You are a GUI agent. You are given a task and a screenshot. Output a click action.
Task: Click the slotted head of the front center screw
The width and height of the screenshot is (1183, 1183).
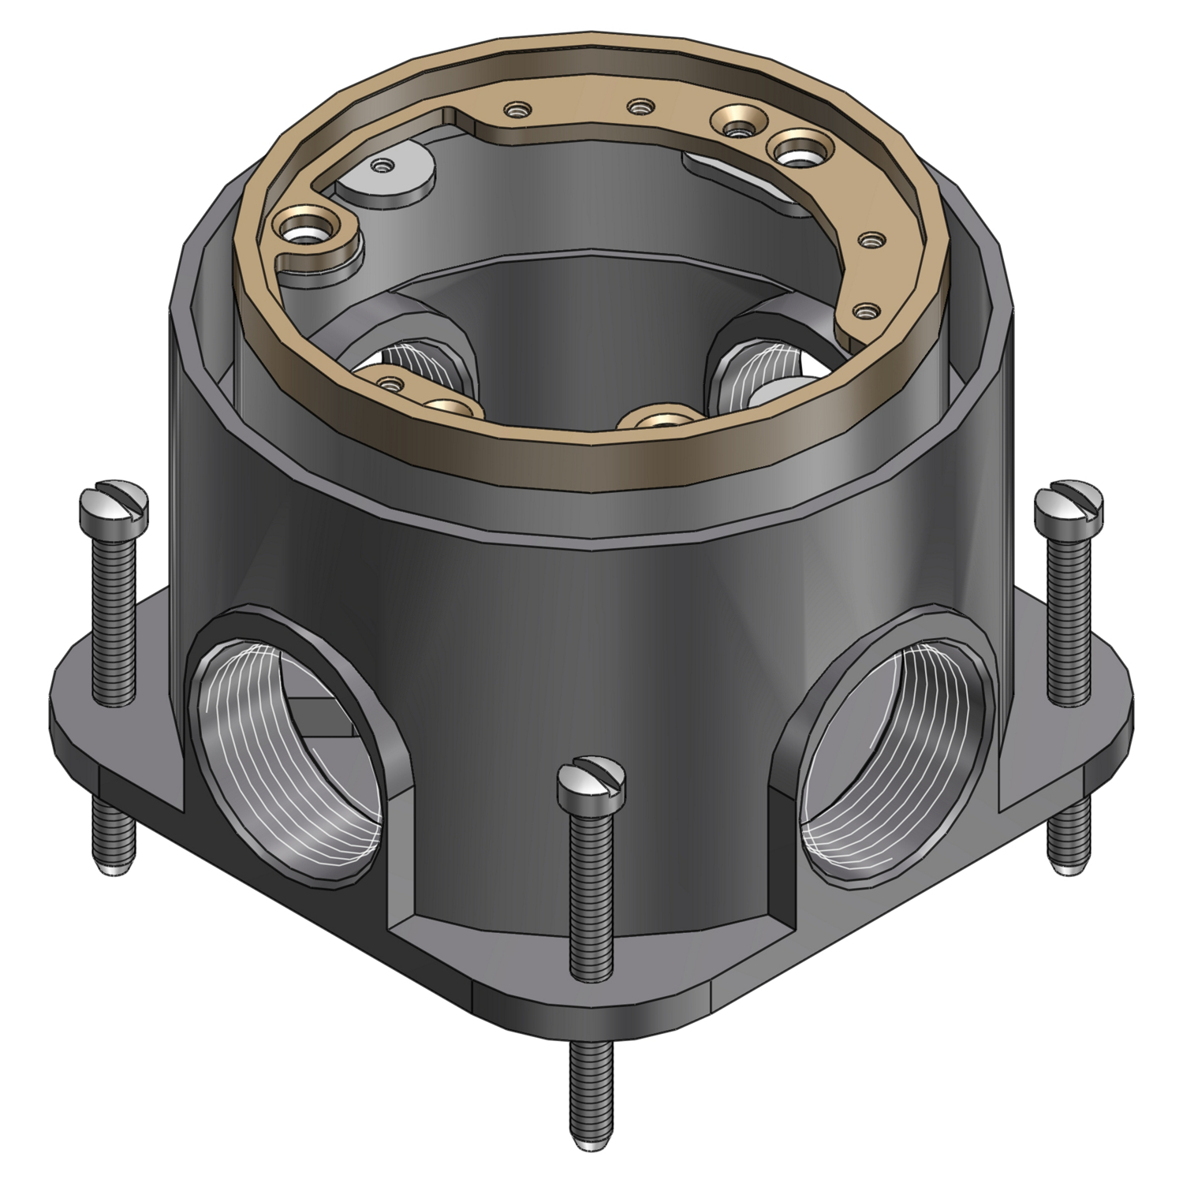pyautogui.click(x=591, y=780)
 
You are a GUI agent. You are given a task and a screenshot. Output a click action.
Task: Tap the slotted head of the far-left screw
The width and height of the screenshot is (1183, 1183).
pyautogui.click(x=114, y=505)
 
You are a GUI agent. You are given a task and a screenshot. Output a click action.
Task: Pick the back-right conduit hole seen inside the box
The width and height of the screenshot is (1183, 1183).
pyautogui.click(x=757, y=359)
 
